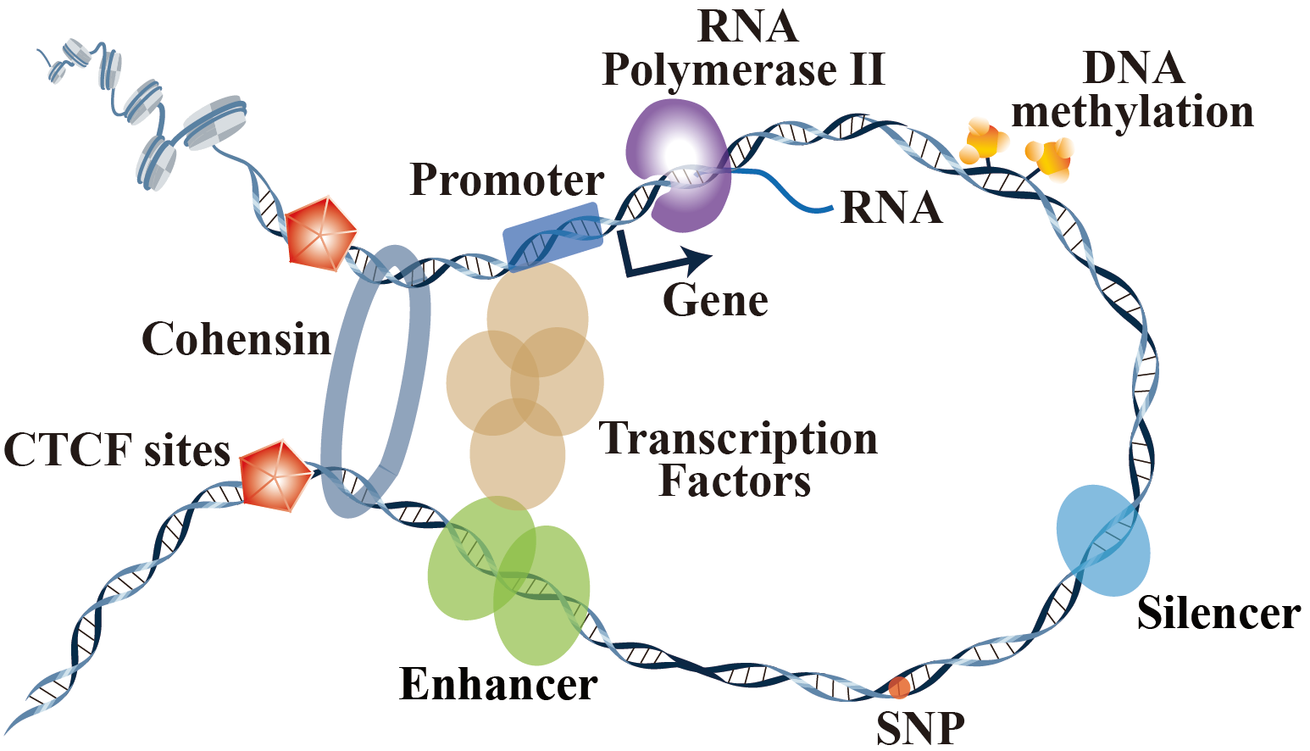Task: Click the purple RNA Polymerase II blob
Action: coord(678,165)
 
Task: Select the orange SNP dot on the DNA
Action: coord(899,686)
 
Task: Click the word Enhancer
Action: coord(498,685)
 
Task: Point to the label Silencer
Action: coord(1218,614)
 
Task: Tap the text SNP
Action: coord(920,727)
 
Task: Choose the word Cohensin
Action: coord(236,340)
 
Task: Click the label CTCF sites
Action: coord(117,450)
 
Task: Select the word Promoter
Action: coord(507,181)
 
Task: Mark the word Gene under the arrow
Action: coord(715,301)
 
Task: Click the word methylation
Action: coord(1133,112)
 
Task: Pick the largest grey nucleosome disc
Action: coord(216,125)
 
